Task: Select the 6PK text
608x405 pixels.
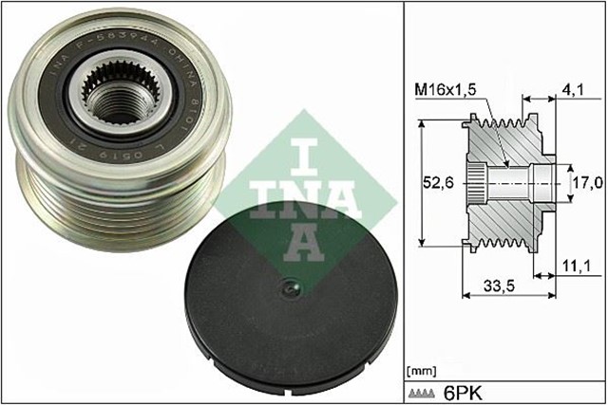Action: point(461,390)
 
